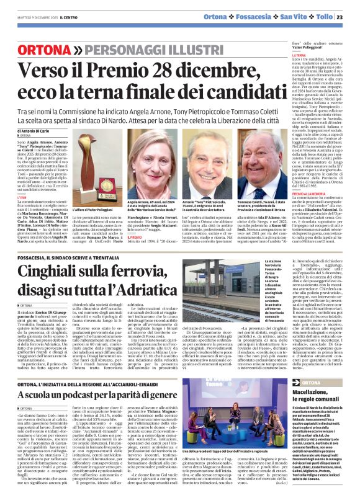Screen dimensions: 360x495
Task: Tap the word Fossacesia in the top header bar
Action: coord(264,17)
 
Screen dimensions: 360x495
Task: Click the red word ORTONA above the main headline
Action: coord(59,49)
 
